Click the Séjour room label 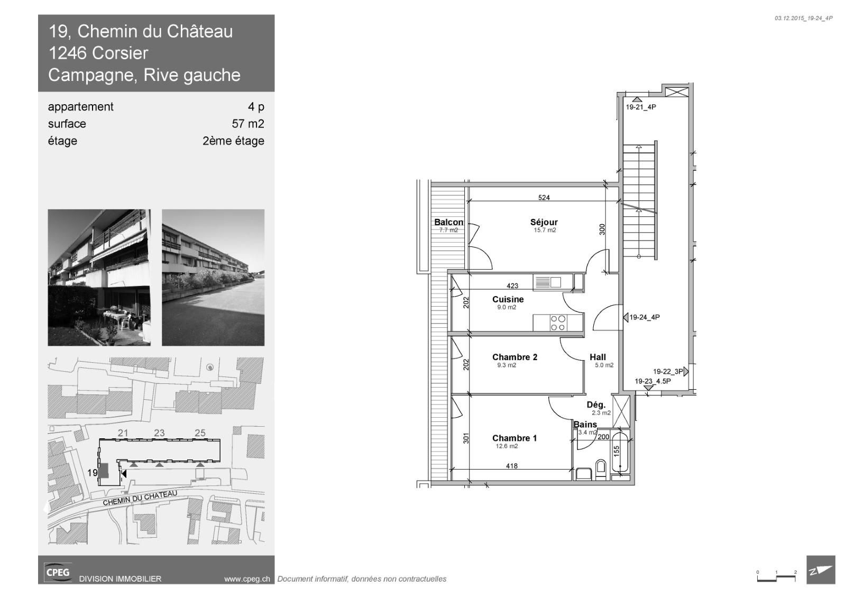pos(544,222)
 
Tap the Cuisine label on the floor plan pos(508,299)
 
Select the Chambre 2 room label pos(515,357)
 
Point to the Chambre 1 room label pos(514,438)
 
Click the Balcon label pos(449,222)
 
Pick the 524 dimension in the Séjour pos(544,197)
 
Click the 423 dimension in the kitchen pos(512,286)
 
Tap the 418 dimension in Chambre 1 pos(512,466)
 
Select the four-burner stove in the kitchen pos(558,323)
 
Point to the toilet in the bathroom pos(601,469)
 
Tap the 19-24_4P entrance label pos(645,317)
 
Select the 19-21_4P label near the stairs pos(641,107)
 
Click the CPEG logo pos(58,572)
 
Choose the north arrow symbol pos(821,570)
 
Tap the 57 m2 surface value pos(248,124)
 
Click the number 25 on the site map pos(200,433)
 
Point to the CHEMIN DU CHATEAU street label pos(140,498)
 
